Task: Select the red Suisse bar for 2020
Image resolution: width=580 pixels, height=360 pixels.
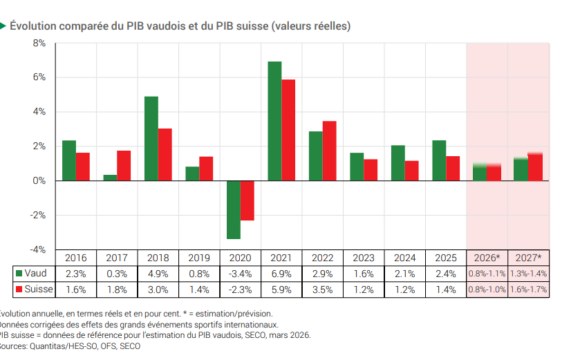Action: pos(247,200)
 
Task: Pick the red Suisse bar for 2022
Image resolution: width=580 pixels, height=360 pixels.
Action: pos(330,150)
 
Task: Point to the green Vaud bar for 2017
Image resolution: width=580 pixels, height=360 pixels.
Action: pos(110,178)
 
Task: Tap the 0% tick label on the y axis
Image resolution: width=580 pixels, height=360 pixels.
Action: pos(39,181)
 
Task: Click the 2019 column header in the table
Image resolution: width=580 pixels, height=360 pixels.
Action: pos(199,257)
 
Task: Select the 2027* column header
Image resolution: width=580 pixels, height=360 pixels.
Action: pos(529,257)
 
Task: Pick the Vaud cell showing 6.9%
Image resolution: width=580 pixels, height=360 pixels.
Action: pos(281,273)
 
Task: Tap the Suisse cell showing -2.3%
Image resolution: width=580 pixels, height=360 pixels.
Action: pos(240,289)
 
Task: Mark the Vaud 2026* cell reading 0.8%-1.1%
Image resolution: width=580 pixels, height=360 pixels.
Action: pos(487,273)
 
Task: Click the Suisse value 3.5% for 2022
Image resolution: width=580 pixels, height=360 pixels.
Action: pos(323,289)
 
